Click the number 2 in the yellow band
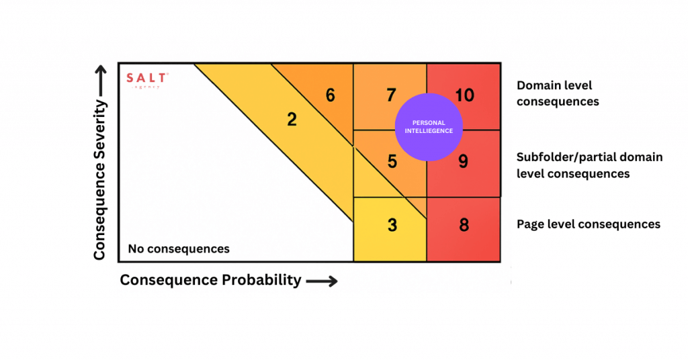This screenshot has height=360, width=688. point(292,120)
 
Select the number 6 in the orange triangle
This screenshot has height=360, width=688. point(330,95)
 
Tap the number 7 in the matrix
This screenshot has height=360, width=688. point(390,95)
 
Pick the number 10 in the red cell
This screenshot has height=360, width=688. point(465,95)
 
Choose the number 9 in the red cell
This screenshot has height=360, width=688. point(463,162)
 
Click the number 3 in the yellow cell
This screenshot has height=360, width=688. point(392,225)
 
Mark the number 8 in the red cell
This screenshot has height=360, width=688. point(464,225)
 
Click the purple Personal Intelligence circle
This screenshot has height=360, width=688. point(429,127)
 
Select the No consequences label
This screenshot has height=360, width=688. point(179,249)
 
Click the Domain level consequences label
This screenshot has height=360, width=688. point(557,94)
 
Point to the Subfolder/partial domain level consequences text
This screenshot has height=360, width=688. point(589,165)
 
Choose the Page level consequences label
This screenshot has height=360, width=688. point(588,224)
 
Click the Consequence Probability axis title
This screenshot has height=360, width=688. point(210,280)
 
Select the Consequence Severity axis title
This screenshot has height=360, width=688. point(100,180)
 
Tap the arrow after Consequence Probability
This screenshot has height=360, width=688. point(322,281)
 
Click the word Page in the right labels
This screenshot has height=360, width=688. point(530,224)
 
